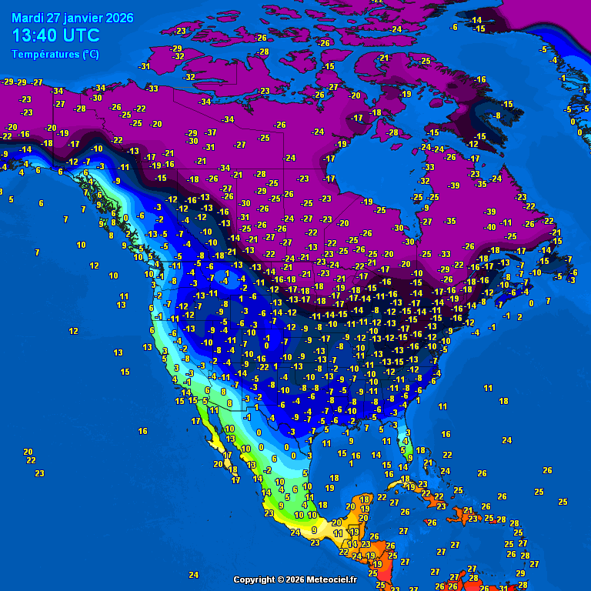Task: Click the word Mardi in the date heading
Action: [x=28, y=18]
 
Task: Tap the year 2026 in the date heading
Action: [x=119, y=18]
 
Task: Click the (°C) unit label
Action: [x=90, y=55]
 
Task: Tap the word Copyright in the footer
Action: [x=257, y=579]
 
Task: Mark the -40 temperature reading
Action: [x=489, y=227]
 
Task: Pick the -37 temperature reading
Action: [x=211, y=132]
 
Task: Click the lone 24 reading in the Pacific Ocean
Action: [x=193, y=575]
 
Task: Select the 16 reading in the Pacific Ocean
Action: [x=142, y=431]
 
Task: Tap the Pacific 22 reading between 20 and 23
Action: [x=32, y=460]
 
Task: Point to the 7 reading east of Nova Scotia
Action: [x=548, y=301]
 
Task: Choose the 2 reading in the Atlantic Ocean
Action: [x=519, y=316]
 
